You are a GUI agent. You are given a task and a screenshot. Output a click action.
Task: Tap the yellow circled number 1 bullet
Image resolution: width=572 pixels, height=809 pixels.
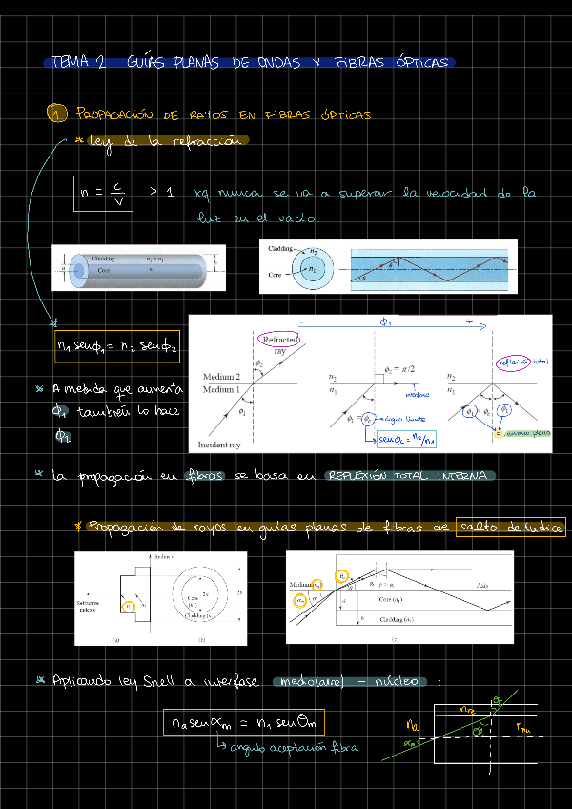pos(57,114)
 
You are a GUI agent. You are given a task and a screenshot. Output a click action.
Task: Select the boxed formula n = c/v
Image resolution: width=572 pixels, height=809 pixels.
pos(104,193)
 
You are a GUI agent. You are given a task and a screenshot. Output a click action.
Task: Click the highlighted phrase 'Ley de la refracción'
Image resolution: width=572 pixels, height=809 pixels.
pos(167,140)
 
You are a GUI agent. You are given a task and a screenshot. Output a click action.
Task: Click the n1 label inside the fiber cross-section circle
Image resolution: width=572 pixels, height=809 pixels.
pos(309,270)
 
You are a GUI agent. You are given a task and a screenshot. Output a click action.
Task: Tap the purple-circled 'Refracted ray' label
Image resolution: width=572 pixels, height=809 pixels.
pos(278,344)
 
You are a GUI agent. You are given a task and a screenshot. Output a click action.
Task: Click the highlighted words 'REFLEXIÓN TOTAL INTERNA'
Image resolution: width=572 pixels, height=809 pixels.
pos(410,475)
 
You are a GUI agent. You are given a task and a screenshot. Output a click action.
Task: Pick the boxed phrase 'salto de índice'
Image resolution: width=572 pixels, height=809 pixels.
pos(510,528)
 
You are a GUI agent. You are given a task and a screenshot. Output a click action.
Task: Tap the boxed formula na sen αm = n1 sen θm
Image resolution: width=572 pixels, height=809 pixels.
pos(244,722)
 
